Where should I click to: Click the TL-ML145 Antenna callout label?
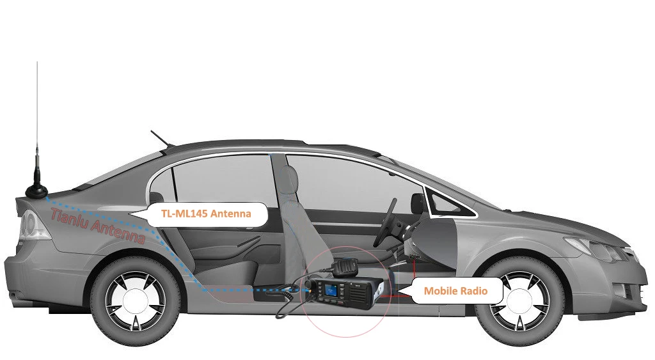tap(205, 214)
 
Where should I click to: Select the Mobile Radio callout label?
tap(455, 291)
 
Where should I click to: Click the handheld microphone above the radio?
tap(345, 264)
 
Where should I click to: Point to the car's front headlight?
tap(595, 248)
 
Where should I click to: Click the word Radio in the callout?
tap(473, 291)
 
